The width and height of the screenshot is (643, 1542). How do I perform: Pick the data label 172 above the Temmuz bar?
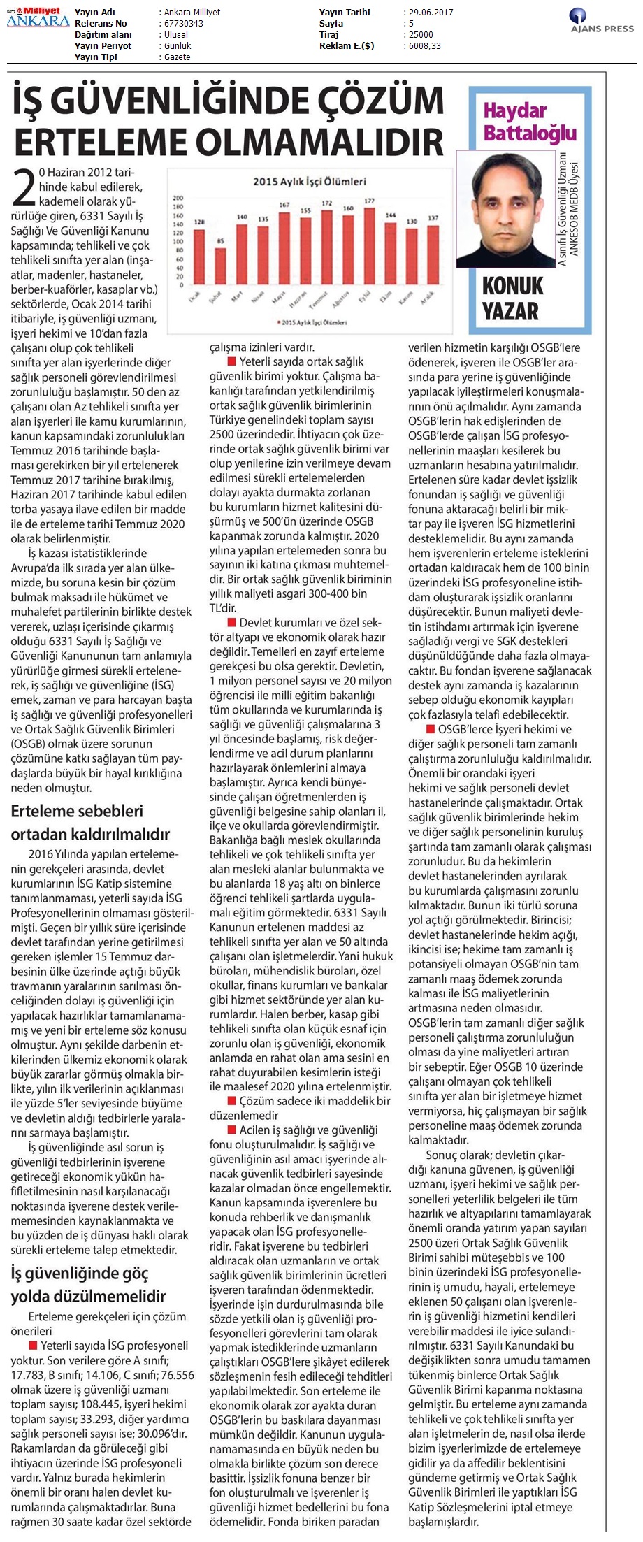click(326, 203)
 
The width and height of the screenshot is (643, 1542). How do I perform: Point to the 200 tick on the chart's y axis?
click(178, 198)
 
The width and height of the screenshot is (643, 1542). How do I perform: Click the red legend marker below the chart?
click(280, 322)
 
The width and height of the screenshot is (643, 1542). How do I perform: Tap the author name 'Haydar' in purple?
click(515, 110)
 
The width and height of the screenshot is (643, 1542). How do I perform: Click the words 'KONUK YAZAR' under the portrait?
click(512, 298)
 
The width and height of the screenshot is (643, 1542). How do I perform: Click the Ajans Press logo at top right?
click(601, 22)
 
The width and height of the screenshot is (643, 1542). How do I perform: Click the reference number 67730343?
click(183, 24)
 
